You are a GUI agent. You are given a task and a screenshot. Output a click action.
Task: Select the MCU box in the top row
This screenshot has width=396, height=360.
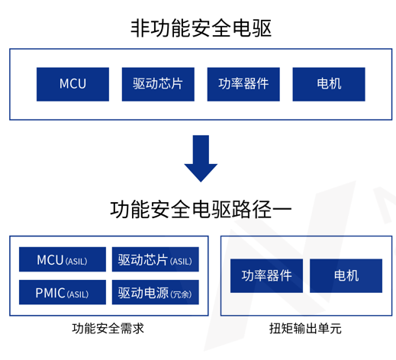(72, 84)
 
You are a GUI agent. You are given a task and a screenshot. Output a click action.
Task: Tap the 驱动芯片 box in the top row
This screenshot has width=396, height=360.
(158, 84)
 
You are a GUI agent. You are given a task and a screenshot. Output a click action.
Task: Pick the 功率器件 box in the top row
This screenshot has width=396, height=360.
(243, 84)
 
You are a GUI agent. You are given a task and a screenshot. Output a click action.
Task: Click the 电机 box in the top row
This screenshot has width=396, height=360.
(329, 84)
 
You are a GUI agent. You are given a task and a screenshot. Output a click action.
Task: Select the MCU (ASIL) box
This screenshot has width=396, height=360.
(62, 260)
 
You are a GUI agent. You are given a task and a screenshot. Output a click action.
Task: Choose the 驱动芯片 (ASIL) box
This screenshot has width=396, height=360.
(155, 260)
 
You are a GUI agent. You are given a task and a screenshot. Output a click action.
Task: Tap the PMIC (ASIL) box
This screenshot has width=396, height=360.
(62, 293)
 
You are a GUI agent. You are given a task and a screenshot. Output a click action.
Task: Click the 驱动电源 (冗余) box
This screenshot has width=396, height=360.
(155, 293)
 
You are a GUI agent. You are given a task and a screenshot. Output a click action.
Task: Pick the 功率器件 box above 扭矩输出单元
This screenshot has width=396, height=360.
(266, 275)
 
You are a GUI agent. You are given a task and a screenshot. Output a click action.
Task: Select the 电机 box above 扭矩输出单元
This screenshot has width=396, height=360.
(346, 275)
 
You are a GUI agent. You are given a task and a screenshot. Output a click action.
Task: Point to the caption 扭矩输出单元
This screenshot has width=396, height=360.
(305, 329)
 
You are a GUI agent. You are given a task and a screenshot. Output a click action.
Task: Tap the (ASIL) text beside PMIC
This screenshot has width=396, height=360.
(78, 294)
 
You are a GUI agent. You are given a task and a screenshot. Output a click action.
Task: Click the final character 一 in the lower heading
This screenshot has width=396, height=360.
(282, 208)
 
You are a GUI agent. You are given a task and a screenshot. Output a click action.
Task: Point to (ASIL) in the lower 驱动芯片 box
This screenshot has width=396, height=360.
(181, 262)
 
